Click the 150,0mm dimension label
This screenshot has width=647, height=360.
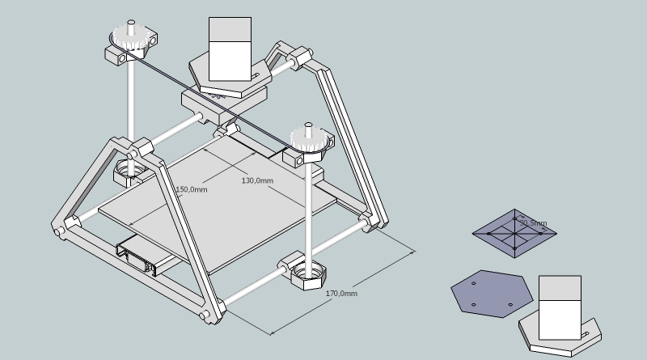pyautogui.click(x=192, y=189)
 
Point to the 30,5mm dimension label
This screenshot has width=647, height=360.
pyautogui.click(x=532, y=222)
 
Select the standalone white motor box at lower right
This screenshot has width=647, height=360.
pyautogui.click(x=560, y=307)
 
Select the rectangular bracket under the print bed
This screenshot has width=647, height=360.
pyautogui.click(x=142, y=256)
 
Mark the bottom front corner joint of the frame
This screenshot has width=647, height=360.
pyautogui.click(x=209, y=311)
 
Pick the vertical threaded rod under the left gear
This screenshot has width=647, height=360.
pyautogui.click(x=129, y=97)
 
